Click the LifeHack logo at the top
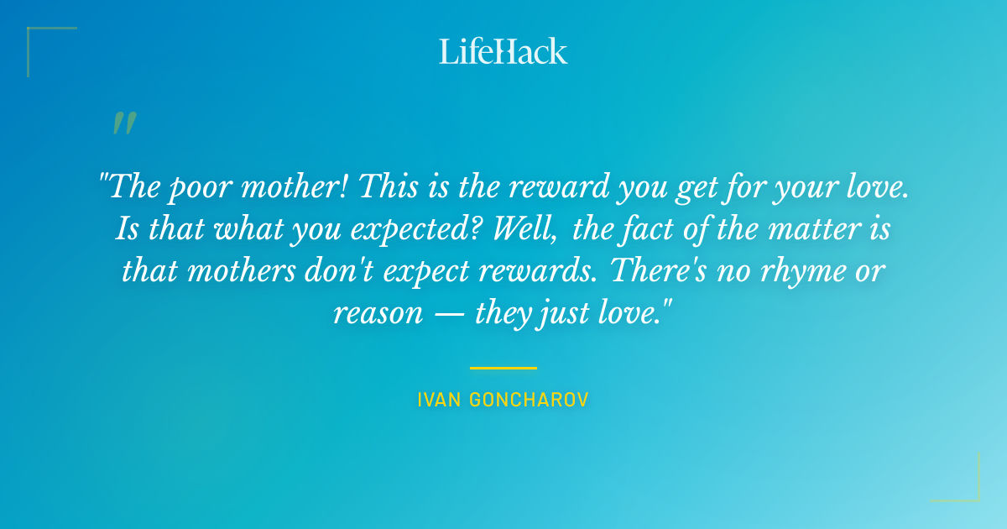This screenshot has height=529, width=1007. pos(503,51)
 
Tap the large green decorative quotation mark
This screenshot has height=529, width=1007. pos(124,123)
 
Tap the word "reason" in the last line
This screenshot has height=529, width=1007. pos(377,313)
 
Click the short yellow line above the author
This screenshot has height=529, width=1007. pos(503,368)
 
